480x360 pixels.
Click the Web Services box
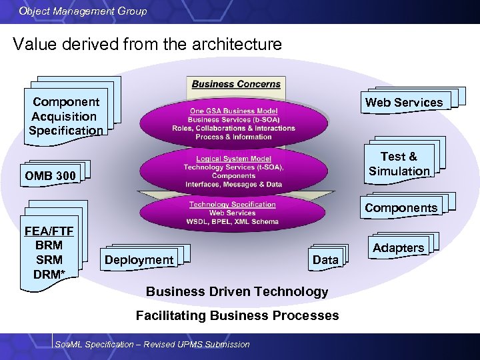(403, 102)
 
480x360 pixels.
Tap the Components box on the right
(401, 207)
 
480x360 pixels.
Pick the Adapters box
(398, 248)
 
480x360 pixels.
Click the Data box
(325, 260)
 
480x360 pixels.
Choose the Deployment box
(139, 260)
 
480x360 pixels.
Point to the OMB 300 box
(51, 176)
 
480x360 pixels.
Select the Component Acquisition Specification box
(65, 116)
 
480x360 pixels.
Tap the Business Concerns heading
(236, 84)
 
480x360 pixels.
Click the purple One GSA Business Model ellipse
(233, 123)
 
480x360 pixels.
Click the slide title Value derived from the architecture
(147, 45)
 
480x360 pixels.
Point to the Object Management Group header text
(83, 11)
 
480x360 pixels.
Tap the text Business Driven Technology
(237, 291)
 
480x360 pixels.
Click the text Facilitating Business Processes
(237, 315)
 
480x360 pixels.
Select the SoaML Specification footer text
(153, 344)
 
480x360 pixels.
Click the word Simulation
(399, 171)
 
